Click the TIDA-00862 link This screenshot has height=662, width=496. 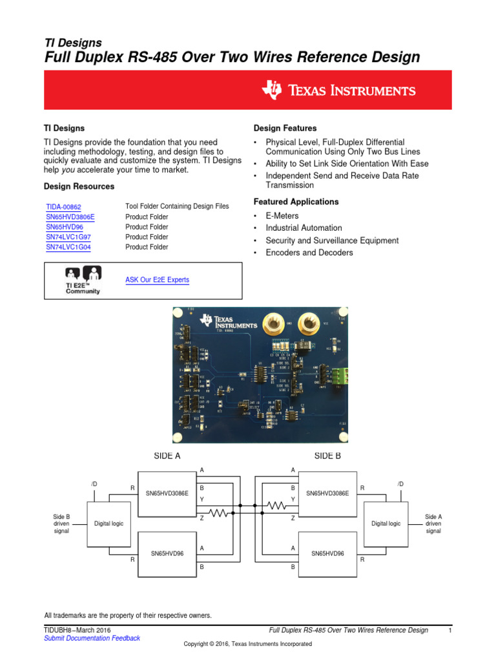[x=63, y=207]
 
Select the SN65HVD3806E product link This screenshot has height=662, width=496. [x=70, y=217]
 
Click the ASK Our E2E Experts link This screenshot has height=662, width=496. [x=157, y=280]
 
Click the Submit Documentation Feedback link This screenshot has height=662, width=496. [x=92, y=638]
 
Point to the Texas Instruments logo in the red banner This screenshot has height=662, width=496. [x=338, y=91]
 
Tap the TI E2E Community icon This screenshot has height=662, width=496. [x=83, y=280]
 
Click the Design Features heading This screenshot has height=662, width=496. [x=285, y=129]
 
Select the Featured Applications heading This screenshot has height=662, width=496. [x=296, y=202]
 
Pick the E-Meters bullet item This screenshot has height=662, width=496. [x=282, y=216]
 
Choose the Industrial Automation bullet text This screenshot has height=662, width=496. [x=304, y=228]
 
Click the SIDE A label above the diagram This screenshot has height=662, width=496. [x=167, y=456]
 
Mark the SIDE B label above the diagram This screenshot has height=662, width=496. [x=328, y=456]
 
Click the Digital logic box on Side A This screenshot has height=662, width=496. [x=108, y=523]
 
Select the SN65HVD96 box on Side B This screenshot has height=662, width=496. [x=328, y=553]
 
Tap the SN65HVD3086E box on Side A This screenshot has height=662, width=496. [x=167, y=493]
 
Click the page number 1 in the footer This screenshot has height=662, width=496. [x=449, y=630]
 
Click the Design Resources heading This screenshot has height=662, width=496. [x=79, y=186]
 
